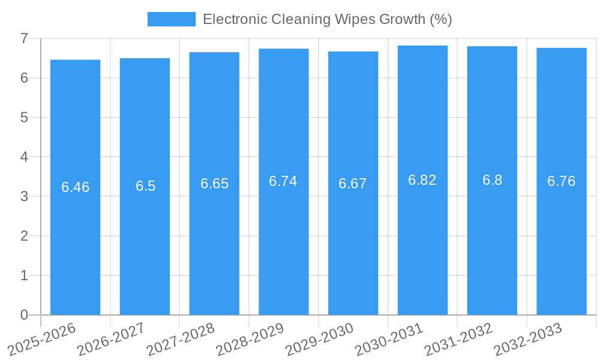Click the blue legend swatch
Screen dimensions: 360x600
pos(172,19)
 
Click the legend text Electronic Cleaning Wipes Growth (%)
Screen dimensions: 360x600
pos(327,19)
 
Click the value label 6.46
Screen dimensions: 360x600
pos(75,187)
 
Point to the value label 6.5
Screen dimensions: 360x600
pos(145,186)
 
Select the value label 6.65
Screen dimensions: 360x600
pos(214,184)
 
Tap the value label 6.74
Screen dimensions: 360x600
pos(283,181)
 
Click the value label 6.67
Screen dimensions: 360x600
pos(353,184)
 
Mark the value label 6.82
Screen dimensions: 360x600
pos(422,180)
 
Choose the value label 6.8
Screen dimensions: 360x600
pos(492,180)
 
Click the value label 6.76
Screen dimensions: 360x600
pos(562,181)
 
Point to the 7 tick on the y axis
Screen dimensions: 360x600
pos(24,38)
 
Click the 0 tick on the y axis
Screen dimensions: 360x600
pos(24,315)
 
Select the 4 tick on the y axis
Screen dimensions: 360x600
pos(24,157)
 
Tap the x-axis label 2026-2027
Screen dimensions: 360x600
pos(111,339)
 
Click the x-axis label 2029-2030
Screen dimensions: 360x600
pos(319,339)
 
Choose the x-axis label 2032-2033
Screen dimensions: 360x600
pos(528,339)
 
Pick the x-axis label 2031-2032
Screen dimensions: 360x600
pos(458,339)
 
